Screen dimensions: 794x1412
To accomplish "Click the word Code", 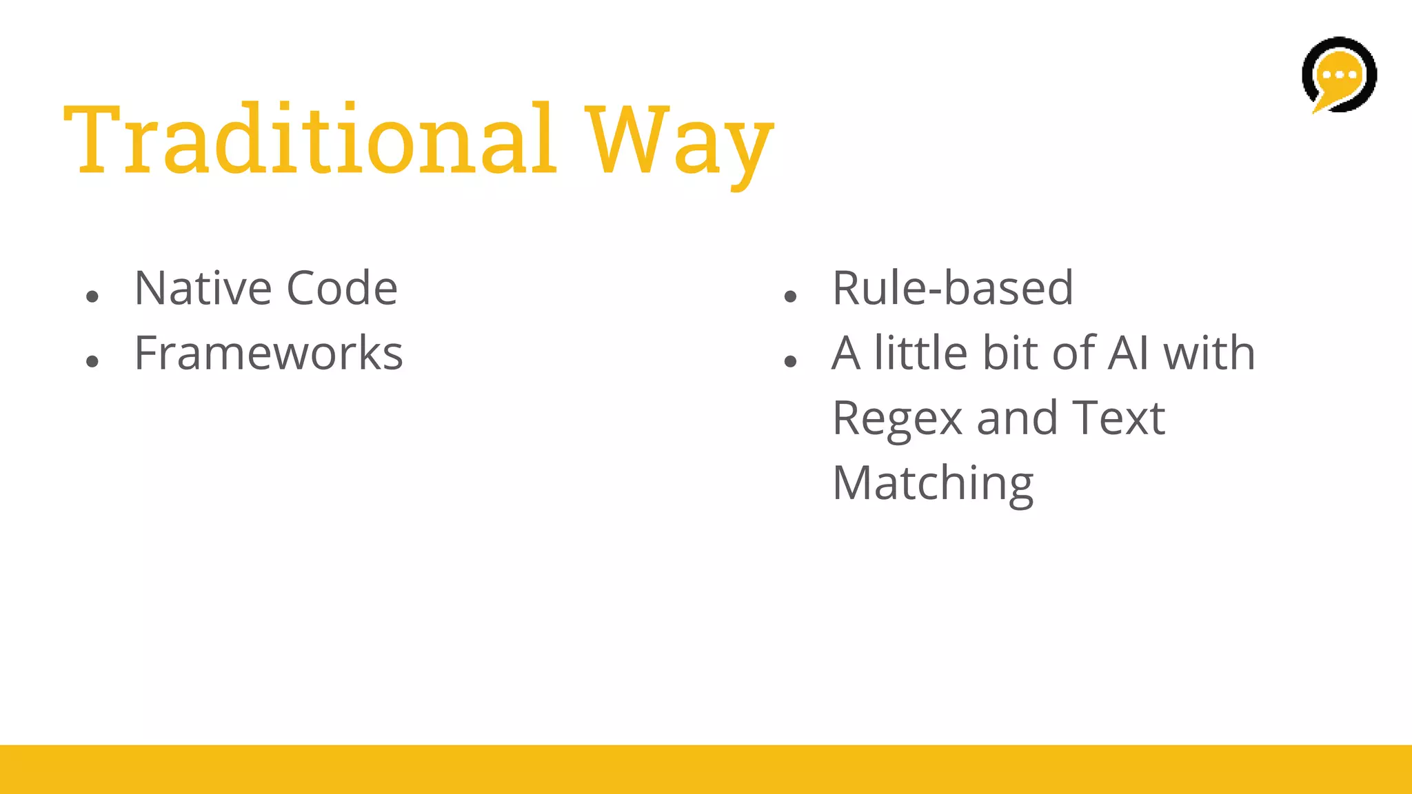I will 342,288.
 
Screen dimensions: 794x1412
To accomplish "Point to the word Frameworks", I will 268,354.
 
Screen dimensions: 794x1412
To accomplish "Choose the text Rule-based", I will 953,288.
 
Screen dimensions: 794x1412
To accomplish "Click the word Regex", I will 897,419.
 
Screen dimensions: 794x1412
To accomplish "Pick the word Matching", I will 933,484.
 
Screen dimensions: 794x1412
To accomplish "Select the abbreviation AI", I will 1128,354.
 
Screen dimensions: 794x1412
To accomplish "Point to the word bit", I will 1011,354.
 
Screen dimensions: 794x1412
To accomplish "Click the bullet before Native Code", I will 92,297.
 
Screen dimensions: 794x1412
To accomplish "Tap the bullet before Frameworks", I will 92,362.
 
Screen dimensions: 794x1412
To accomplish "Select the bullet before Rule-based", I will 790,297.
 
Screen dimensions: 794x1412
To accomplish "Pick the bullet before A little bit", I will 790,362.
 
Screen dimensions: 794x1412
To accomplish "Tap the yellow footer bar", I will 706,769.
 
